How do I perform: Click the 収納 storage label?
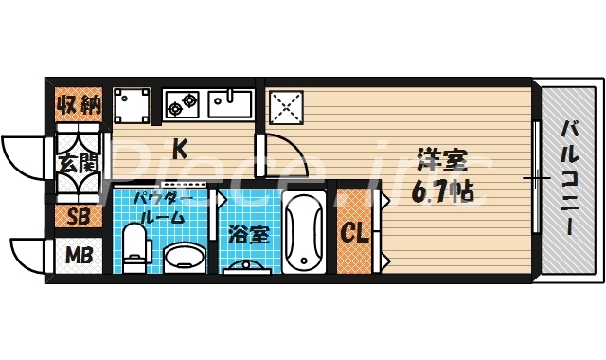click(x=78, y=105)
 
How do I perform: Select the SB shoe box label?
click(x=78, y=216)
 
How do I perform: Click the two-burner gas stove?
click(x=182, y=102)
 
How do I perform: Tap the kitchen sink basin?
click(x=229, y=102)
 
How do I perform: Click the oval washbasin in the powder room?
click(x=184, y=257)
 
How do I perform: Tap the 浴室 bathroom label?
click(x=249, y=233)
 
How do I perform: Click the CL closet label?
click(x=353, y=233)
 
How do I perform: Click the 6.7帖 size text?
click(x=442, y=190)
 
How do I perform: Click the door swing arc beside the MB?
click(x=27, y=254)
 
